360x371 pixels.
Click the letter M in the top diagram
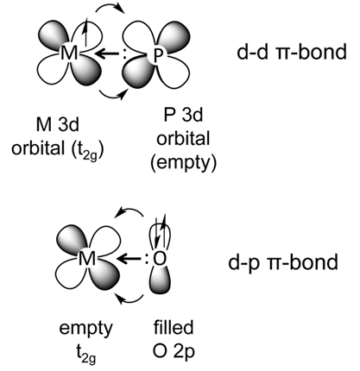click(69, 53)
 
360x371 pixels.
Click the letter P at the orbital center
click(156, 55)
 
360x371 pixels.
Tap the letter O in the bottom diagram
click(160, 259)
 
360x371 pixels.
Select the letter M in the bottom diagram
click(87, 258)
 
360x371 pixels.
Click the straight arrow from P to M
click(106, 53)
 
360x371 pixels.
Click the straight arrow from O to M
click(129, 259)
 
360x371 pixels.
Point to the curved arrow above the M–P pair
click(110, 9)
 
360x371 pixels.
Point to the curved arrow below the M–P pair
click(113, 95)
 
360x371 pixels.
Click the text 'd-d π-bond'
click(292, 52)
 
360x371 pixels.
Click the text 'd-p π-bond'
click(283, 262)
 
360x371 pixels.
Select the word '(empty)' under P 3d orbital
click(183, 163)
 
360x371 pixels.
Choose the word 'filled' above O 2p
click(174, 327)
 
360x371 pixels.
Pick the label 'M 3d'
click(57, 124)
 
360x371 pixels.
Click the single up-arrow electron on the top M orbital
click(85, 31)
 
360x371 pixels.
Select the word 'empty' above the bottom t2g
click(85, 329)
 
